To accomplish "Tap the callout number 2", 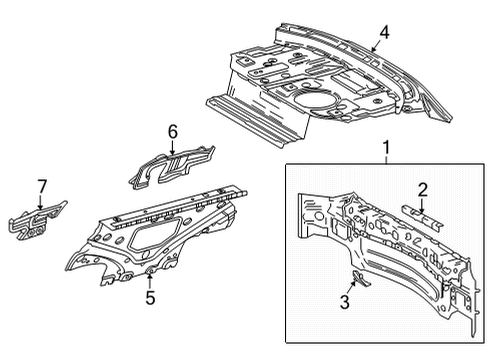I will [x=423, y=190].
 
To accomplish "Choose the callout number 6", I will [x=172, y=130].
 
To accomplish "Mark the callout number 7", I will [x=41, y=185].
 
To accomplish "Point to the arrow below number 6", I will [x=172, y=146].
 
